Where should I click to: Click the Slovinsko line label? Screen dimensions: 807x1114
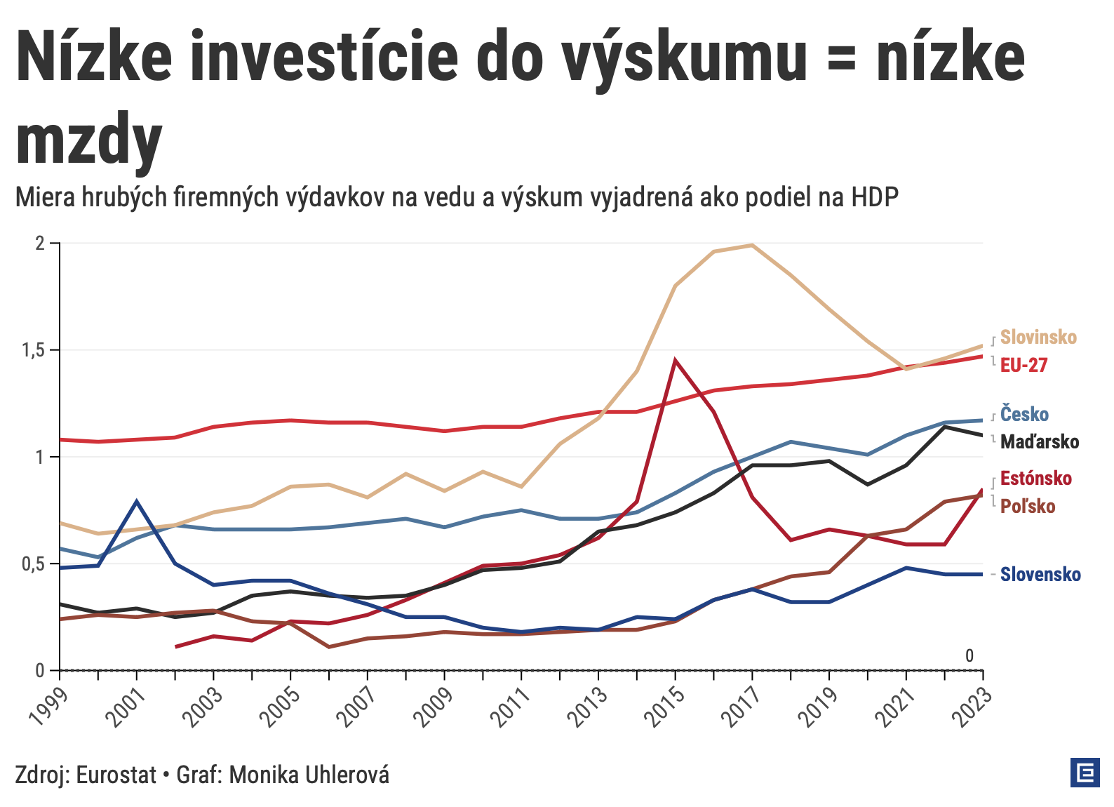[1038, 338]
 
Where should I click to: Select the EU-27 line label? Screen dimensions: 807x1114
[1024, 365]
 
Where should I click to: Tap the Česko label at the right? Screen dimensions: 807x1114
[1024, 414]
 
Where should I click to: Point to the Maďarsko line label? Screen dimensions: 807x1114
[1039, 442]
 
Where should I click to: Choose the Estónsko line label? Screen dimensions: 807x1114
[1035, 479]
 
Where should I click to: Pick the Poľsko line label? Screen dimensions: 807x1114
[1027, 507]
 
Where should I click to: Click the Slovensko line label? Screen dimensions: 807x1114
[1040, 575]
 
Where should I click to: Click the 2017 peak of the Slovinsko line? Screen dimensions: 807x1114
[752, 245]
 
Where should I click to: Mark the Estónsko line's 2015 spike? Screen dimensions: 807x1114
[675, 361]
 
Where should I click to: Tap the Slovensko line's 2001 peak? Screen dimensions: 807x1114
[137, 501]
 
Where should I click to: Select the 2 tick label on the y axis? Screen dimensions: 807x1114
[40, 244]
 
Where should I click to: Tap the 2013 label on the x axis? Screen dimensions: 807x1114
[588, 705]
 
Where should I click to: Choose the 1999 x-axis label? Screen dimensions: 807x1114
[49, 705]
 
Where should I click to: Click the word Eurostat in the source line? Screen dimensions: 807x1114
[116, 775]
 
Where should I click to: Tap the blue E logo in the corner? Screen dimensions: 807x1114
[1085, 773]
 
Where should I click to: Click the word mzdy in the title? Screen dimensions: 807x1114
[89, 140]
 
